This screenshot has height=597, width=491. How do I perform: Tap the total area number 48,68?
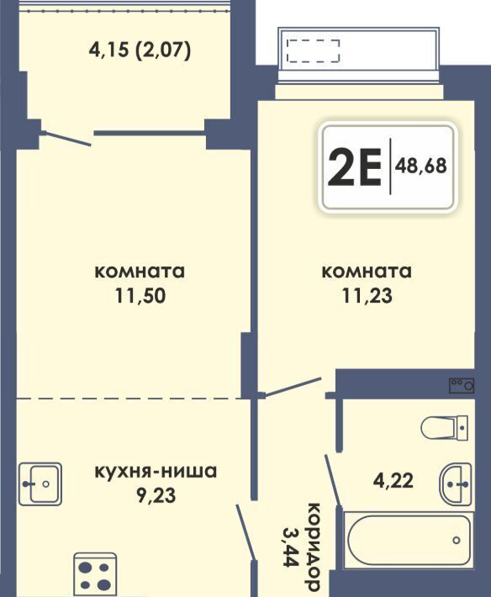point(421,166)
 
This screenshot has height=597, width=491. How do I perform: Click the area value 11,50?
point(140,296)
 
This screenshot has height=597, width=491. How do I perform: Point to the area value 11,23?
point(367,296)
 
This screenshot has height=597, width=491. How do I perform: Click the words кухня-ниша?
point(156,472)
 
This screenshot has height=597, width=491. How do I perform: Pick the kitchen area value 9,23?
point(156,495)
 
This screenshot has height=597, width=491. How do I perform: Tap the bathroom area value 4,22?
point(393,480)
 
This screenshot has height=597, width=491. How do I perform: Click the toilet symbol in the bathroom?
point(445,428)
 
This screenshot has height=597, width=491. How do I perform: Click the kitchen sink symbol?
point(40,484)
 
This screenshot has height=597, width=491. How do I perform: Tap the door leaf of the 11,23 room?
point(293,388)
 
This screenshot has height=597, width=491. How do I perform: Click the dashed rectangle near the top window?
point(313,50)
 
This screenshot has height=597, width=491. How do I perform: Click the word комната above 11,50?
point(140,272)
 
